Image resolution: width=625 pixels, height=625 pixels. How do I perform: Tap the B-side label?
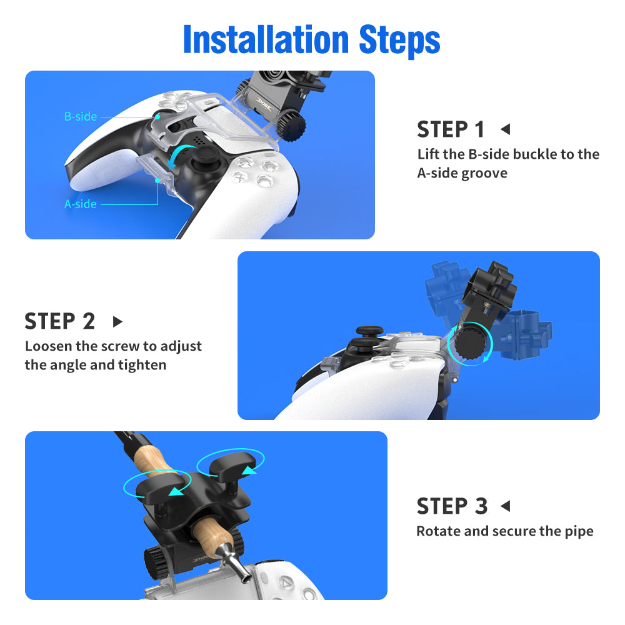tap(81, 116)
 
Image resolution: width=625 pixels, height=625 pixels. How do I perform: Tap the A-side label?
tap(81, 204)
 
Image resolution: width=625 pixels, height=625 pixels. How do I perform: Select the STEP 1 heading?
tap(451, 129)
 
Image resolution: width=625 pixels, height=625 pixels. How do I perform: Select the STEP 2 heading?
tap(60, 321)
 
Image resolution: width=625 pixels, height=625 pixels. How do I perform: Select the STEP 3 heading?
tap(452, 506)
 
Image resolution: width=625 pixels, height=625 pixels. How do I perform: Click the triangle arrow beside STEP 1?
tap(506, 129)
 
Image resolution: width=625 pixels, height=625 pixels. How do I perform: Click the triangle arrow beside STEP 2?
tap(117, 321)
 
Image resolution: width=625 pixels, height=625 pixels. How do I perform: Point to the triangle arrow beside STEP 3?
tap(506, 506)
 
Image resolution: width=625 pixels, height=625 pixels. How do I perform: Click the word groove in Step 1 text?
tap(484, 174)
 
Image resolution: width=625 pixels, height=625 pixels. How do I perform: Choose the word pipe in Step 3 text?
tap(579, 532)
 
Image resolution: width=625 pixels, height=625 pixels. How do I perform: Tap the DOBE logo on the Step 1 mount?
tap(264, 106)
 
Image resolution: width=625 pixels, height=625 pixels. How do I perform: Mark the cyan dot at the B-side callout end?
tap(158, 117)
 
